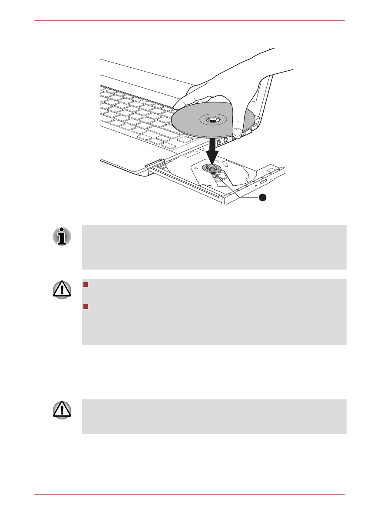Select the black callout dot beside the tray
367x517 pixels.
[x=262, y=198]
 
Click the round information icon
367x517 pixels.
[x=62, y=237]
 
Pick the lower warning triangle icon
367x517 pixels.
[x=62, y=411]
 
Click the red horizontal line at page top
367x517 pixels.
[x=189, y=21]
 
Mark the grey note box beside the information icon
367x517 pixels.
[x=214, y=247]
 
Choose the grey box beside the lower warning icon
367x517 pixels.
[x=214, y=417]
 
